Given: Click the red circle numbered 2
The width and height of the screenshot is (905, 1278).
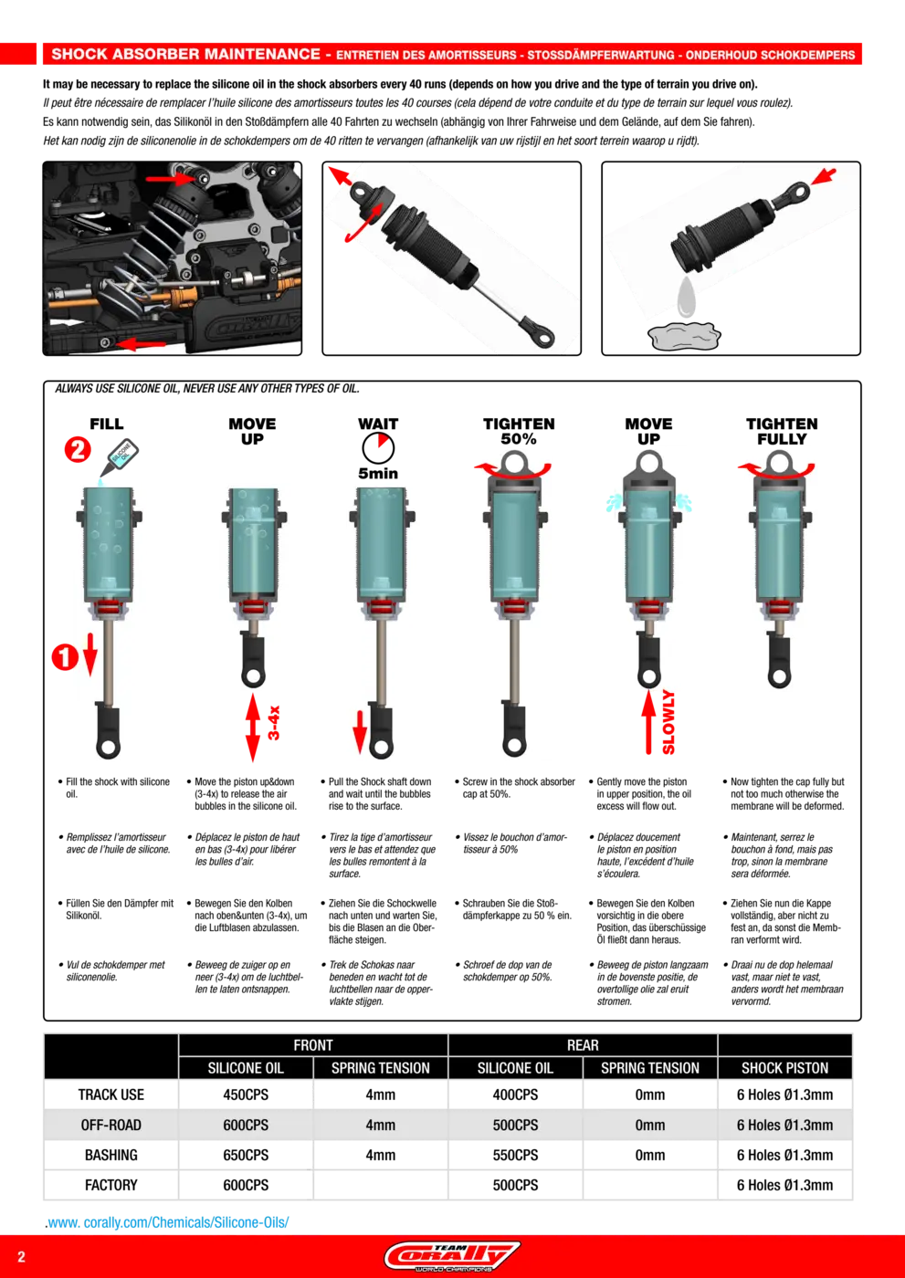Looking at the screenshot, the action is [x=78, y=449].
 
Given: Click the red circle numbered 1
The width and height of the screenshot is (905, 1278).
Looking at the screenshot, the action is [x=65, y=656].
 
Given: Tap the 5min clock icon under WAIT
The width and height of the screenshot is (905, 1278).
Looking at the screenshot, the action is [x=378, y=448].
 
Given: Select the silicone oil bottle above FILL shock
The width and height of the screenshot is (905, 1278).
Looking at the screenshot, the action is [x=121, y=457].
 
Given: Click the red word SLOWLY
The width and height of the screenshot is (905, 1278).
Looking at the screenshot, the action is [x=668, y=722].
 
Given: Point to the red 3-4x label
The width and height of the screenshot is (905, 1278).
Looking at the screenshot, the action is [x=274, y=723].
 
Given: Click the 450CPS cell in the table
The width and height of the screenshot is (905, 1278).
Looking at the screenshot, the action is [x=246, y=1095].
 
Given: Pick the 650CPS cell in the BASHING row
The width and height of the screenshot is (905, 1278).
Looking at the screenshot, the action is [x=246, y=1155].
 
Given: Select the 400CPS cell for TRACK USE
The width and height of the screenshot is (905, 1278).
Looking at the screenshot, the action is [x=515, y=1095].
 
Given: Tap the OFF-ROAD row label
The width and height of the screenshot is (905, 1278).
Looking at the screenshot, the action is [x=111, y=1125].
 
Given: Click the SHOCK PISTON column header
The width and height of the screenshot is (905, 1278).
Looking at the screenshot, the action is [x=784, y=1068].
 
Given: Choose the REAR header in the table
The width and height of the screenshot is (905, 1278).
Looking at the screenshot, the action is [x=583, y=1045].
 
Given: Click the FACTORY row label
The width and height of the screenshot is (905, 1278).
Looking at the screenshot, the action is [x=111, y=1185].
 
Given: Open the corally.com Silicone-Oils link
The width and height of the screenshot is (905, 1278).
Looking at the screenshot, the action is [x=167, y=1222].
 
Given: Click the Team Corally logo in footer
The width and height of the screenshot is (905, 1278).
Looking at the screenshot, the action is [x=452, y=1256].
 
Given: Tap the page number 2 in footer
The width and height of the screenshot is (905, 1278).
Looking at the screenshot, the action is [x=21, y=1257].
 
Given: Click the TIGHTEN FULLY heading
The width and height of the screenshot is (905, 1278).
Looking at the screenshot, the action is [x=782, y=431].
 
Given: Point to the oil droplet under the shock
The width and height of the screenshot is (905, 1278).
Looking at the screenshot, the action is [x=687, y=297].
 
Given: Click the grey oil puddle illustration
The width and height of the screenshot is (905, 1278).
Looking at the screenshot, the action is [x=684, y=336].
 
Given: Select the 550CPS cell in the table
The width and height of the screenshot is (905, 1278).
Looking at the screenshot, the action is [x=515, y=1155].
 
